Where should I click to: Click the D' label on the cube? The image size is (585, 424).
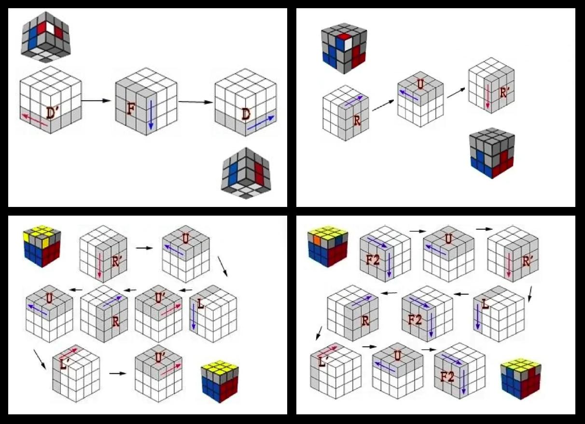(x=54, y=113)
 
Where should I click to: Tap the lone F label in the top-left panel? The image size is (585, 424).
(x=131, y=109)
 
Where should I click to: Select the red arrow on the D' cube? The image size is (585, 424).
(x=35, y=120)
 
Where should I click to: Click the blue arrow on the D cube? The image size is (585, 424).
(x=261, y=123)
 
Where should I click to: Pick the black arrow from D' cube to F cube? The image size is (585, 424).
(x=97, y=101)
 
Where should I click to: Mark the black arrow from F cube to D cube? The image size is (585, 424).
(x=195, y=102)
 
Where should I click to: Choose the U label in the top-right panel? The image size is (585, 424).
(x=420, y=84)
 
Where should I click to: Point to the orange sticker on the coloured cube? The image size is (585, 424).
(x=317, y=240)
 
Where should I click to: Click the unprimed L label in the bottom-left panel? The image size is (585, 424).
(x=200, y=304)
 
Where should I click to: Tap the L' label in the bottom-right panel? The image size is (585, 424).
(x=323, y=362)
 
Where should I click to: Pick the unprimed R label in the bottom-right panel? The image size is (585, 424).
(x=365, y=321)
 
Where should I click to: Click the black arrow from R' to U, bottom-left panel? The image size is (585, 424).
(x=144, y=248)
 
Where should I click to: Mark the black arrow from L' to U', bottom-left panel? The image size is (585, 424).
(x=117, y=373)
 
